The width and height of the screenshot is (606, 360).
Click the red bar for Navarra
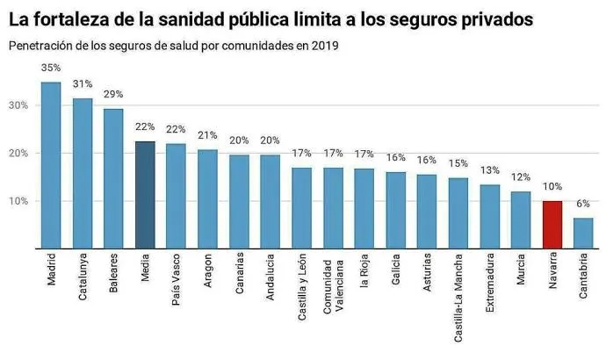[552, 225]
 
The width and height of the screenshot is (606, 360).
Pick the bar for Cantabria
[584, 233]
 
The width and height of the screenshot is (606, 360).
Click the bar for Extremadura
[490, 217]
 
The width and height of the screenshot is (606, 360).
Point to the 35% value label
[51, 67]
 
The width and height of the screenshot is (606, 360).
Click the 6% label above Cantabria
[584, 203]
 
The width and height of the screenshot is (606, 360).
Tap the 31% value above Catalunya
[83, 83]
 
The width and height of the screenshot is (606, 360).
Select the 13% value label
[490, 169]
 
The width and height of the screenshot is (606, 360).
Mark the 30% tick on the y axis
[18, 105]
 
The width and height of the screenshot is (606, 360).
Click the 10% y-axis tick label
[18, 201]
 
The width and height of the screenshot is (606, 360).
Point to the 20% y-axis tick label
[18, 154]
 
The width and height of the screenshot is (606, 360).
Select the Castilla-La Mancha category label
[458, 295]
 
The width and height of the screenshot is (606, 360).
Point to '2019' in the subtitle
[322, 45]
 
